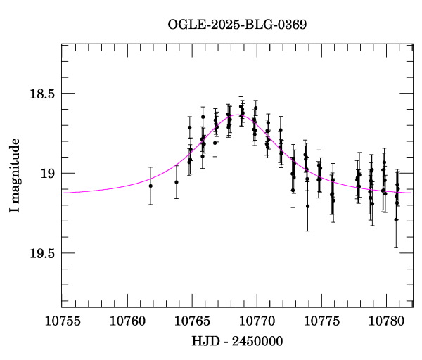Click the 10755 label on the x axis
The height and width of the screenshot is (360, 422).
tap(63, 321)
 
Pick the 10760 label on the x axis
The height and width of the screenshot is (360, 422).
tap(127, 321)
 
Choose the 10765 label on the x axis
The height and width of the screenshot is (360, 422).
tap(191, 321)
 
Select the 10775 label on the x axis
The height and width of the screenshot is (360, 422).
tap(320, 321)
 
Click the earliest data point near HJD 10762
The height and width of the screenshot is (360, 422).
tap(151, 186)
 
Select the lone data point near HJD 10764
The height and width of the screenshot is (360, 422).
tap(177, 182)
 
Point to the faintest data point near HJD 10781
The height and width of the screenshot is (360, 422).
tap(396, 220)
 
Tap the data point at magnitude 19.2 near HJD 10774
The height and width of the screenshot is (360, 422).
tap(307, 206)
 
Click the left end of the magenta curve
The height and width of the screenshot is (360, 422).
tap(63, 193)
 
